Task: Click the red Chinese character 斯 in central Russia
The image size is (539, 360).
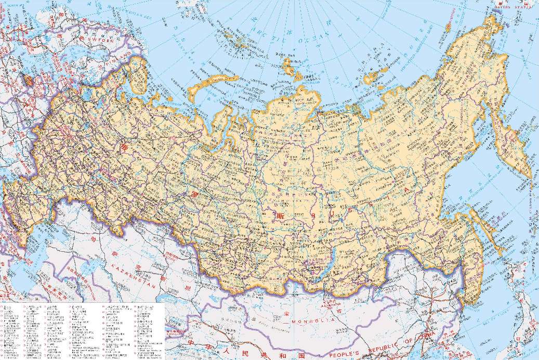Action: click(281, 214)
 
